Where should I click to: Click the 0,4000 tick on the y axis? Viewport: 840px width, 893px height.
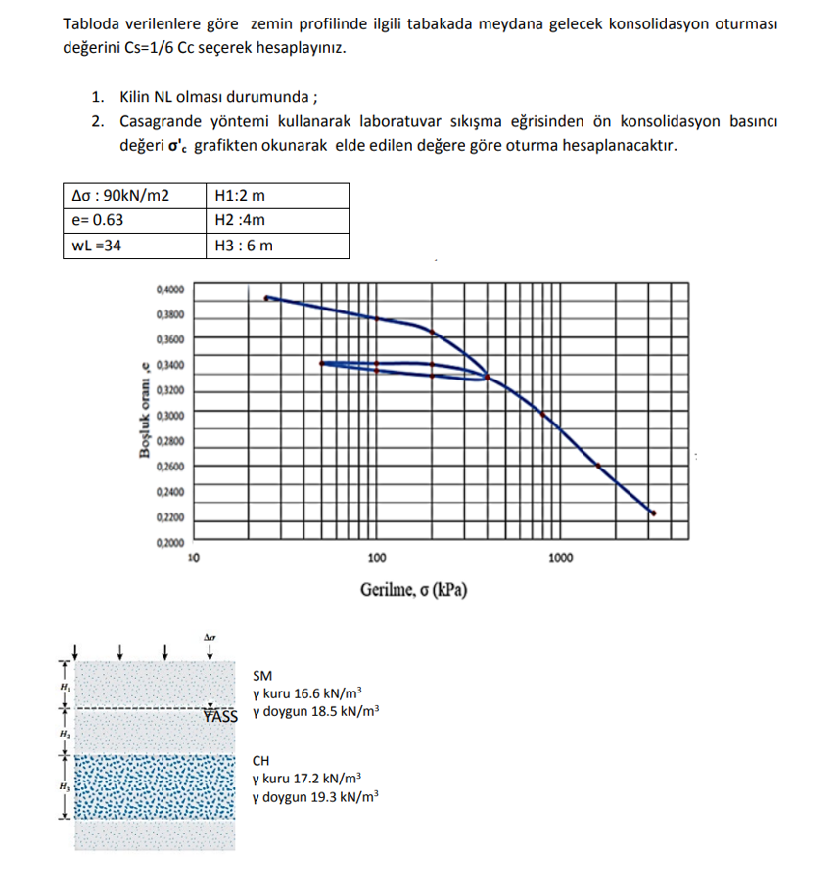pos(169,290)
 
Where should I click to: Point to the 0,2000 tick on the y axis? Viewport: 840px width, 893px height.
pos(169,542)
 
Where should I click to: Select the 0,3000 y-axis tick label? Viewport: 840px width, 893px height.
pos(169,416)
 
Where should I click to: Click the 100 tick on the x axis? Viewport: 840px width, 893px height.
pos(377,558)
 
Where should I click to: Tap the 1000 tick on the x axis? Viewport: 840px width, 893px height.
pos(560,558)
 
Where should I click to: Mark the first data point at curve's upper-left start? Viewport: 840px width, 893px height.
pos(267,298)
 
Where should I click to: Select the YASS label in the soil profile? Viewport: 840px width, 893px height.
pos(221,715)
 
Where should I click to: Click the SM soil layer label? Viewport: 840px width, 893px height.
pos(262,675)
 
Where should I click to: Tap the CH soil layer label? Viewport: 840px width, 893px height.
pos(262,760)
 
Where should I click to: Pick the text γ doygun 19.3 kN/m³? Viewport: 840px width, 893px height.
pos(315,797)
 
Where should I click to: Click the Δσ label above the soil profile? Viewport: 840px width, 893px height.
pos(210,637)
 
